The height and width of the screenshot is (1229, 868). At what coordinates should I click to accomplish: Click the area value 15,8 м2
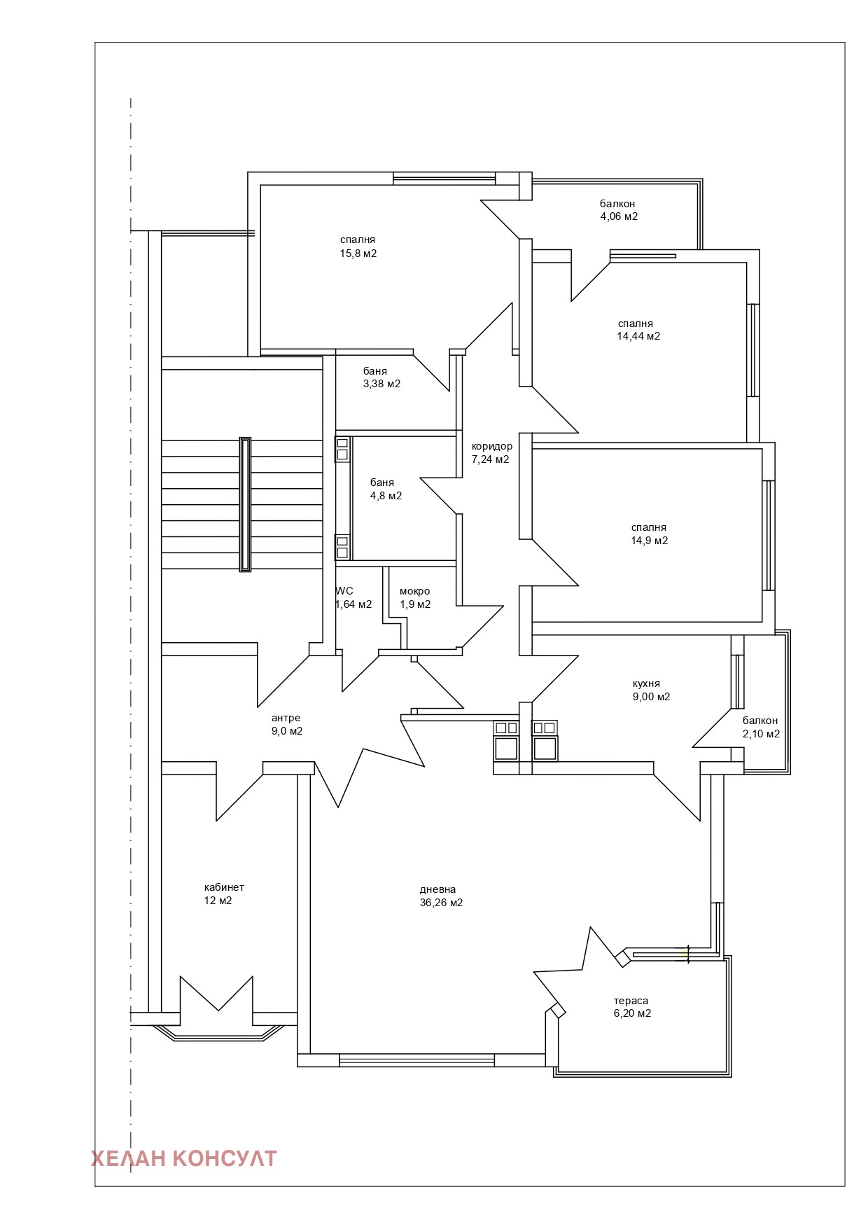358,254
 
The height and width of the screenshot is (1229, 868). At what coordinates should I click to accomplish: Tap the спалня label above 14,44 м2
636,324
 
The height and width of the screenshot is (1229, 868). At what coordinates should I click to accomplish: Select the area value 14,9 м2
650,541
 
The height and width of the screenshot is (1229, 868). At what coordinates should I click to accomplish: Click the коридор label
492,446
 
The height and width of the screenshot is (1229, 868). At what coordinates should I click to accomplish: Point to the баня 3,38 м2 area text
382,384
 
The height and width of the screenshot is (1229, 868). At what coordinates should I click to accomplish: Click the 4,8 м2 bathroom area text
386,496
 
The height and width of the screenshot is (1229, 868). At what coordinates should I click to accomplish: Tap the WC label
344,591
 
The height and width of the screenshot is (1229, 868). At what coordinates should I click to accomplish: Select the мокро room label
415,591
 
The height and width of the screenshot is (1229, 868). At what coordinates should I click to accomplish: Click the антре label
286,718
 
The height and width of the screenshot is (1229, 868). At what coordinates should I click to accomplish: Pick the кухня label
646,683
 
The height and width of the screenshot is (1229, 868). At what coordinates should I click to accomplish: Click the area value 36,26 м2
441,903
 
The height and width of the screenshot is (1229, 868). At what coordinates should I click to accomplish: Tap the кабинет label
224,887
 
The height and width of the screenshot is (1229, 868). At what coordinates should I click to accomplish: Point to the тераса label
631,1001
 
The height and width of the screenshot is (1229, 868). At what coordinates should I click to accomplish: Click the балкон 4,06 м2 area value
619,216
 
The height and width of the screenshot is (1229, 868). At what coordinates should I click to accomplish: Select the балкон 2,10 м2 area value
761,734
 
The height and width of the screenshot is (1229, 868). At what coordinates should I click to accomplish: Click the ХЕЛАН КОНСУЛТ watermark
184,1158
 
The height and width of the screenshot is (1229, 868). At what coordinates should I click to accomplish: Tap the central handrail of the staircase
245,505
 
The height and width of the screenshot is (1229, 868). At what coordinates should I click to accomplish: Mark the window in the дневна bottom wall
417,1060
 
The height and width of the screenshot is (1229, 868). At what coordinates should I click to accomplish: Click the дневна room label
437,889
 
